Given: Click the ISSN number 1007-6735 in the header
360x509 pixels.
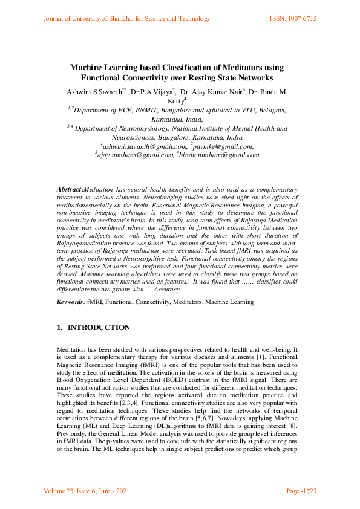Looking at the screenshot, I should pos(300,19).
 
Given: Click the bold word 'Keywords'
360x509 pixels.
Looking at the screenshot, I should pos(70,301).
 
